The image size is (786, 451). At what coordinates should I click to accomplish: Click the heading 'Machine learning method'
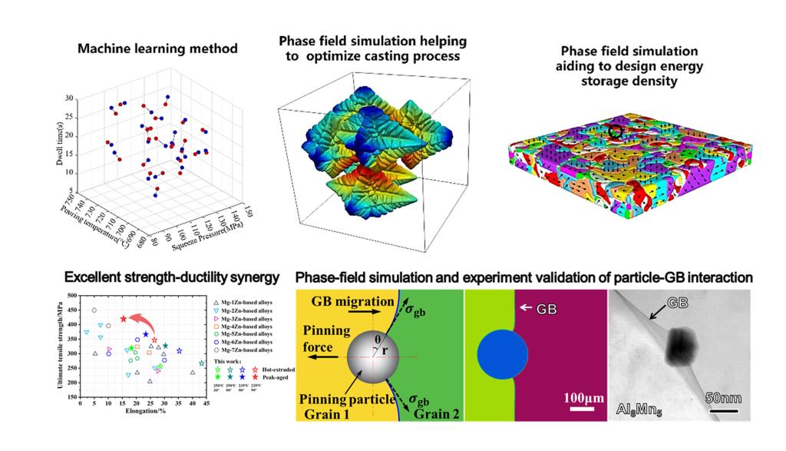click(157, 48)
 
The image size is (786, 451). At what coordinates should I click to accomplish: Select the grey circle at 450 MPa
click(94, 310)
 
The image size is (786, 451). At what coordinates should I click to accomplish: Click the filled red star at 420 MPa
click(123, 319)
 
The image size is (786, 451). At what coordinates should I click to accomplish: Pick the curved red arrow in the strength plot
click(141, 319)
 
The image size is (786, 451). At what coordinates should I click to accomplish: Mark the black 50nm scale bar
click(723, 410)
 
